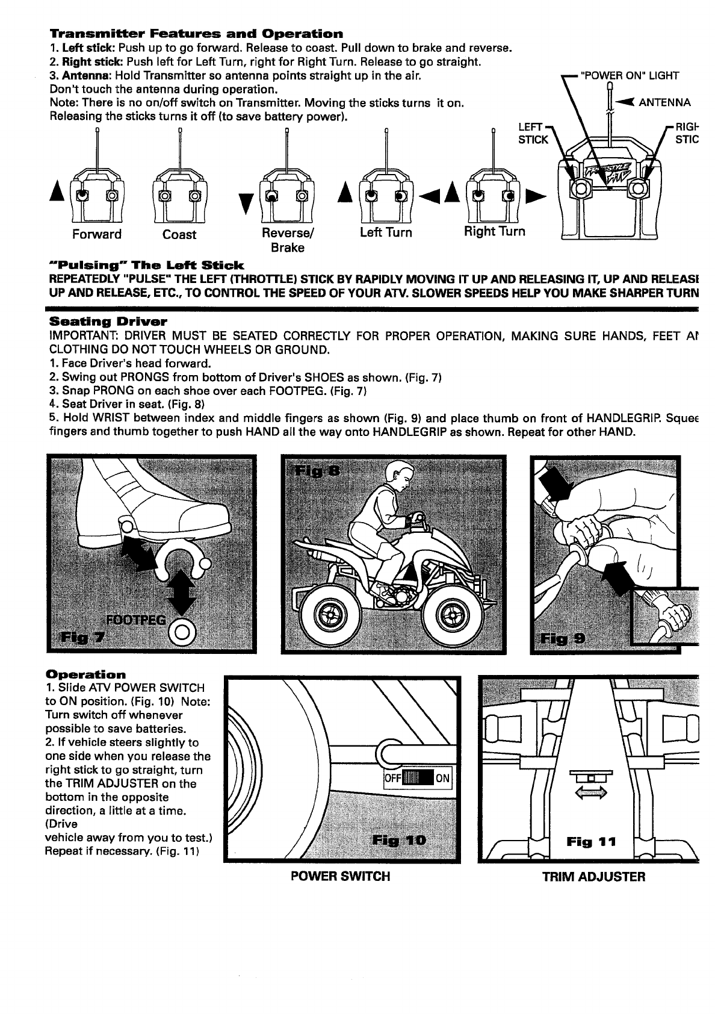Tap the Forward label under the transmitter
tap(96, 234)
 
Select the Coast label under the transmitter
tap(179, 235)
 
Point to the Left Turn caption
tap(386, 232)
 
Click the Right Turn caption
tap(494, 231)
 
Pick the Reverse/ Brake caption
tap(288, 240)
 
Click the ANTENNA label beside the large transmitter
tap(664, 102)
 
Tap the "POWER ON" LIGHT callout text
tap(629, 76)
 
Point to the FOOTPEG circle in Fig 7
tap(182, 631)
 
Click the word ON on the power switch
tap(442, 777)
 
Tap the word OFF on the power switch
tap(392, 777)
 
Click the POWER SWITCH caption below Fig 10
tap(340, 876)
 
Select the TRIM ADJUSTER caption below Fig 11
tap(593, 877)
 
